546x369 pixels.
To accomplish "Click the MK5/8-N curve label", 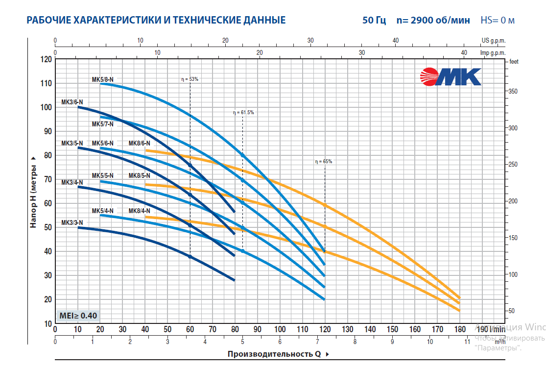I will coord(102,79).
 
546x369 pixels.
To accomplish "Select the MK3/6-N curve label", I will coord(72,102).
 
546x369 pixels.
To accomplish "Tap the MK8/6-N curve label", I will coord(139,143).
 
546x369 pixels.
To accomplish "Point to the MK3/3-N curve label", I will coord(72,222).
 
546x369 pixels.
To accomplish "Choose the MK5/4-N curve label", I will coord(102,211).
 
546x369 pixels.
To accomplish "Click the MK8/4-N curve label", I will coord(139,211).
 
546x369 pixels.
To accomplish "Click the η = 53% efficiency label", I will coord(190,79).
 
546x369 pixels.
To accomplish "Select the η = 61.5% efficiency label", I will coord(243,112).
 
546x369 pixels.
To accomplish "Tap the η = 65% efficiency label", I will coord(324,161).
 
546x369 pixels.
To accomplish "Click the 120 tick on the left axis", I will coord(46,59).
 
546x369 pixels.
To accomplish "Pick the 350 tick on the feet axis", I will coord(512,92).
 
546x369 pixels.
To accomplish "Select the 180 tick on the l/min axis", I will coord(459,329).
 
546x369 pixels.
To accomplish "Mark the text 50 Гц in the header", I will coord(374,20).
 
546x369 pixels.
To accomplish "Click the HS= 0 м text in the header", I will coord(497,20).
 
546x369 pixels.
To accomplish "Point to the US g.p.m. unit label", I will coord(493,40).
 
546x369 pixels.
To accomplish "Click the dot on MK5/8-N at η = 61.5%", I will coord(243,155).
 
